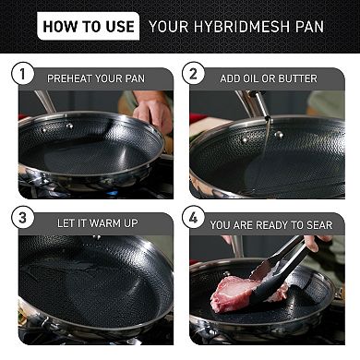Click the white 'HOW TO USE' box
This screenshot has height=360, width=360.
tap(88, 25)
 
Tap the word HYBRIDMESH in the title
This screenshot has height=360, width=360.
tap(244, 25)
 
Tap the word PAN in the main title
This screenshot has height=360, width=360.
tap(306, 25)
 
